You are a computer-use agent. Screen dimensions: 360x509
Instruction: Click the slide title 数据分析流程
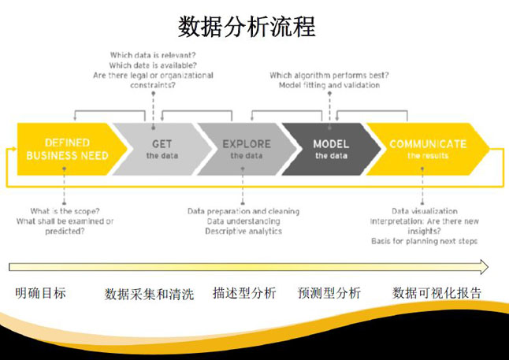coord(247,27)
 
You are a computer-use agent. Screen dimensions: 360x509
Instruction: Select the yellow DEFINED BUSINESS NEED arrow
coord(67,150)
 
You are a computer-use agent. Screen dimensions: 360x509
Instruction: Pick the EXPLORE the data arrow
coord(247,150)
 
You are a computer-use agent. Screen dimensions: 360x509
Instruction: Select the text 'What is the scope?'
coord(64,211)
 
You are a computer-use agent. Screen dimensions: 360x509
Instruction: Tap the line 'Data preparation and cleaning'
coord(243,211)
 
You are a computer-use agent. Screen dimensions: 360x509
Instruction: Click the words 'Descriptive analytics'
coord(243,232)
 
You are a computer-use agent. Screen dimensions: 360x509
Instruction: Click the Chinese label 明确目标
coord(40,293)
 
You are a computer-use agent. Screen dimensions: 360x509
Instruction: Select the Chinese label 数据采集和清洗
coord(149,294)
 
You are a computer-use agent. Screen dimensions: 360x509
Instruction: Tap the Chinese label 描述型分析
coord(244,293)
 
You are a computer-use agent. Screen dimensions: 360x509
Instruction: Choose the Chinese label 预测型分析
coord(329,293)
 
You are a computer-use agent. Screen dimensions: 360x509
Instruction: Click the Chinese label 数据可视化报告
coord(437,293)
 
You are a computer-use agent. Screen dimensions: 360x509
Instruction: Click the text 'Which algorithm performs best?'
coord(329,76)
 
